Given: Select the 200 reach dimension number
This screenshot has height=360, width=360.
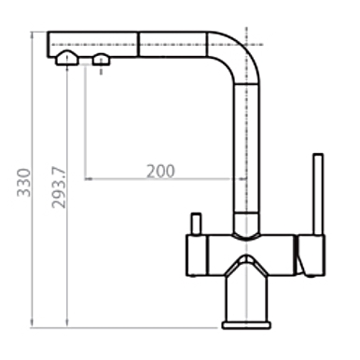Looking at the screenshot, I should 160,171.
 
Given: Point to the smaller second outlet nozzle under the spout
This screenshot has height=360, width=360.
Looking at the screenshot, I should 100,62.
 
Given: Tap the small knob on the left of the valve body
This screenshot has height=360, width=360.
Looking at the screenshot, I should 196,225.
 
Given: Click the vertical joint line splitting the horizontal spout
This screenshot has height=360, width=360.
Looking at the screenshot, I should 139,43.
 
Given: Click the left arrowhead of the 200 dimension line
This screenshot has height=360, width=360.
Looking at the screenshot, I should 89,178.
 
